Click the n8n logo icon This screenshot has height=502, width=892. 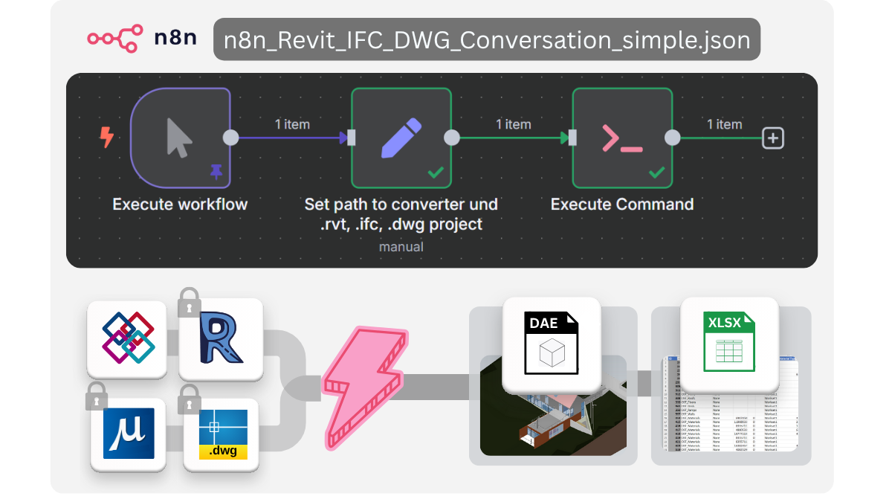coord(115,37)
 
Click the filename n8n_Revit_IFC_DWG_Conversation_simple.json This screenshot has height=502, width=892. coord(486,39)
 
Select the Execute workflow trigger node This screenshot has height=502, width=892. coord(181,138)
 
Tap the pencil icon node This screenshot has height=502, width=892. coord(401,138)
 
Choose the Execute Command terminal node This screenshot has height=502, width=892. coord(622,138)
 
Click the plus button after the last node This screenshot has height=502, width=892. coord(773,138)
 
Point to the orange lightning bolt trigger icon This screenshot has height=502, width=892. coord(107,137)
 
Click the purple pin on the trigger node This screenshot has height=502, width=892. coord(216,172)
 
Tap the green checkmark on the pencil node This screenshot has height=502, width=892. coord(436,173)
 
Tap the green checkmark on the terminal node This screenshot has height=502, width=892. coord(656,173)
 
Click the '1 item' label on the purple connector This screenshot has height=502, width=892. coord(292,124)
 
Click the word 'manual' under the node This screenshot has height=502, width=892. coord(401,246)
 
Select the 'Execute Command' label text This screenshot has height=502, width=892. coord(622,205)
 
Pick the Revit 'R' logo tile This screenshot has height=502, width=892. coord(221,340)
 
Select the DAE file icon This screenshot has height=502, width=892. coord(552,343)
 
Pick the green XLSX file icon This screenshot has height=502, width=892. coord(729,343)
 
